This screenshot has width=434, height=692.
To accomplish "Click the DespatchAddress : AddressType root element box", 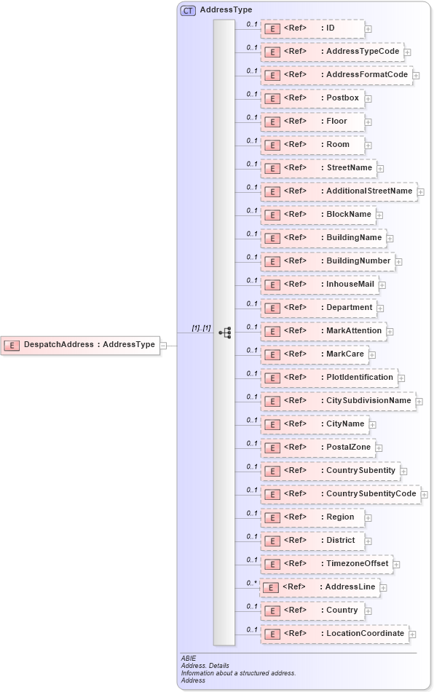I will (x=80, y=345).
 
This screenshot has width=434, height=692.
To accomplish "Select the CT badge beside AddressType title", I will (x=189, y=10).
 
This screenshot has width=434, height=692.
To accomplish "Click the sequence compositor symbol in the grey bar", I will (x=225, y=333).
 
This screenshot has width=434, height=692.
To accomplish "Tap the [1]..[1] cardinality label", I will (x=201, y=328).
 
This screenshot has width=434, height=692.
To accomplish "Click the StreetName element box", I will (x=318, y=168).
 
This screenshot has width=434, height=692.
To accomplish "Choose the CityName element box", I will (x=315, y=424).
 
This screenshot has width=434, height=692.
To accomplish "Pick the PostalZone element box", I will (x=317, y=448).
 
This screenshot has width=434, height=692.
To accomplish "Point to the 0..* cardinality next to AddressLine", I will (x=252, y=583).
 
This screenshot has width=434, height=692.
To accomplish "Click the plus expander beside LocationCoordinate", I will (x=412, y=635).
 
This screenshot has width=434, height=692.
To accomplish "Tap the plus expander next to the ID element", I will (x=368, y=29).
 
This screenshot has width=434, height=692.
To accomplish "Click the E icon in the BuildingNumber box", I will (x=272, y=261).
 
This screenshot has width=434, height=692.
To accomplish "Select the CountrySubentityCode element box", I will (x=340, y=494).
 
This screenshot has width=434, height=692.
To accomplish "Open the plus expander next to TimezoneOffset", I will (x=396, y=565).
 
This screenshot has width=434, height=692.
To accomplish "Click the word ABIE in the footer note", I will (x=188, y=659).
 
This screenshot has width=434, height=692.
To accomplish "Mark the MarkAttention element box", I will (x=323, y=331).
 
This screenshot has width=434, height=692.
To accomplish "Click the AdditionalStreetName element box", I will (x=339, y=191).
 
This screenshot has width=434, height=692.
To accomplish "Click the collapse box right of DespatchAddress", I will (x=163, y=345).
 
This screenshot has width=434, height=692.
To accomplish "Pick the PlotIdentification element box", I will (x=329, y=378).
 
